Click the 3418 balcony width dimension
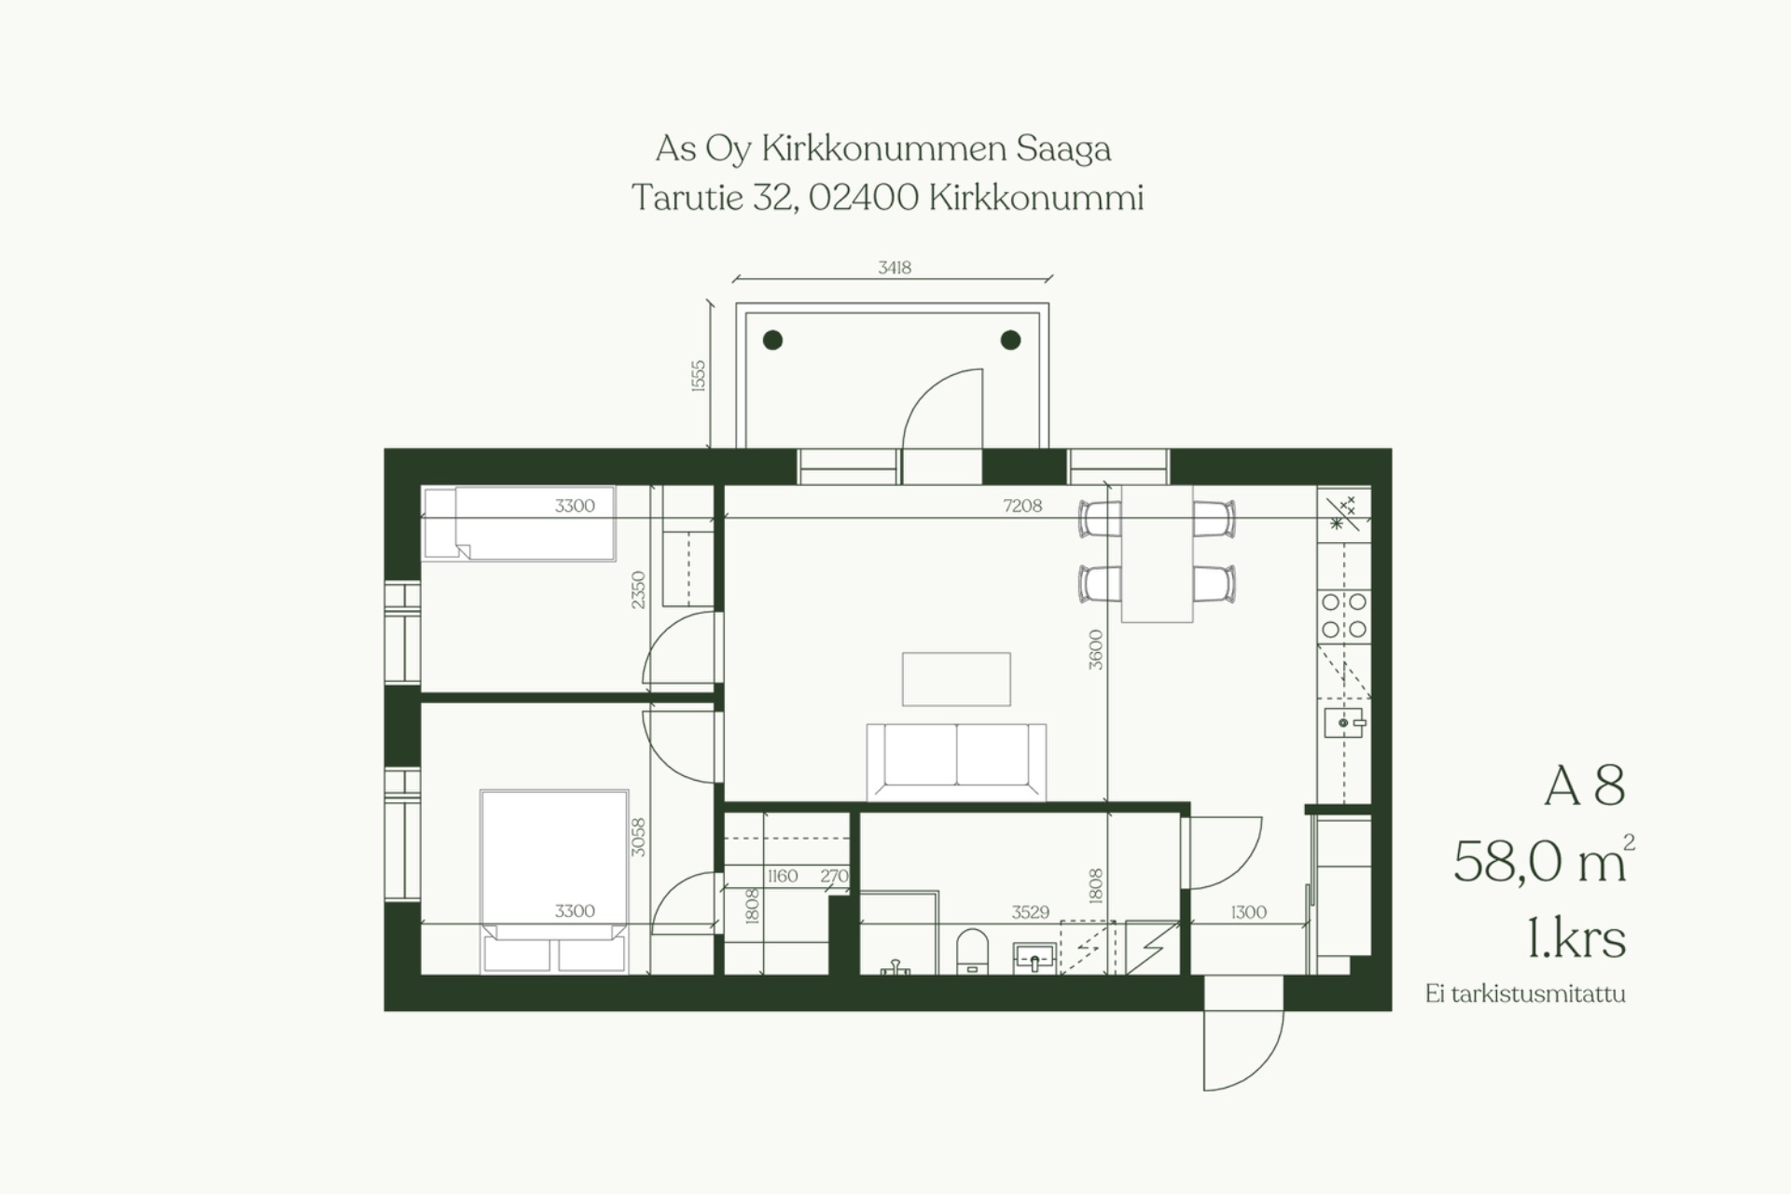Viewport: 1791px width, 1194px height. click(894, 268)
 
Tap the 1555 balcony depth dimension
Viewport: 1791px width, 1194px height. click(699, 375)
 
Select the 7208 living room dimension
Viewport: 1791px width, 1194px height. click(1022, 506)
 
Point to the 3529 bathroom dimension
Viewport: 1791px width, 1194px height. click(1031, 912)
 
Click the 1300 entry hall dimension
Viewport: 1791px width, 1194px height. click(1248, 912)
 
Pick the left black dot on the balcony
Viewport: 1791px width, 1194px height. click(772, 340)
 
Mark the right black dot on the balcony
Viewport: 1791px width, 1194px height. click(1010, 340)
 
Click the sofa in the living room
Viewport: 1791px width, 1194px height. click(956, 761)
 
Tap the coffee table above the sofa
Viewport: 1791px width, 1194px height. click(956, 679)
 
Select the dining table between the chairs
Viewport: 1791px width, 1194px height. click(1157, 554)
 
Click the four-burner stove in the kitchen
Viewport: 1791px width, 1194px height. click(1344, 617)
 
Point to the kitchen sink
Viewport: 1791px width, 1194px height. click(1344, 723)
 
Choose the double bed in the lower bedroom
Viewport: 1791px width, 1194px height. click(554, 882)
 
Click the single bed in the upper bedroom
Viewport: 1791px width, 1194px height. click(520, 523)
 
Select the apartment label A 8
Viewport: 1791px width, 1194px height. click(1585, 785)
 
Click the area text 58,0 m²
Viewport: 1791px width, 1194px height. click(1544, 859)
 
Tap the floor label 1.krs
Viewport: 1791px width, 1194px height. click(1576, 938)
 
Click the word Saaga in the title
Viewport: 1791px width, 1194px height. click(1063, 149)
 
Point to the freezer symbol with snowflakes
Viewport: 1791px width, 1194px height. click(1343, 513)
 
